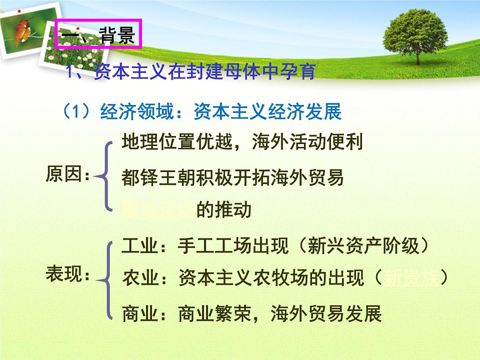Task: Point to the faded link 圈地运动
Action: [x=158, y=210]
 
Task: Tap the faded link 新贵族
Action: [x=411, y=278]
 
